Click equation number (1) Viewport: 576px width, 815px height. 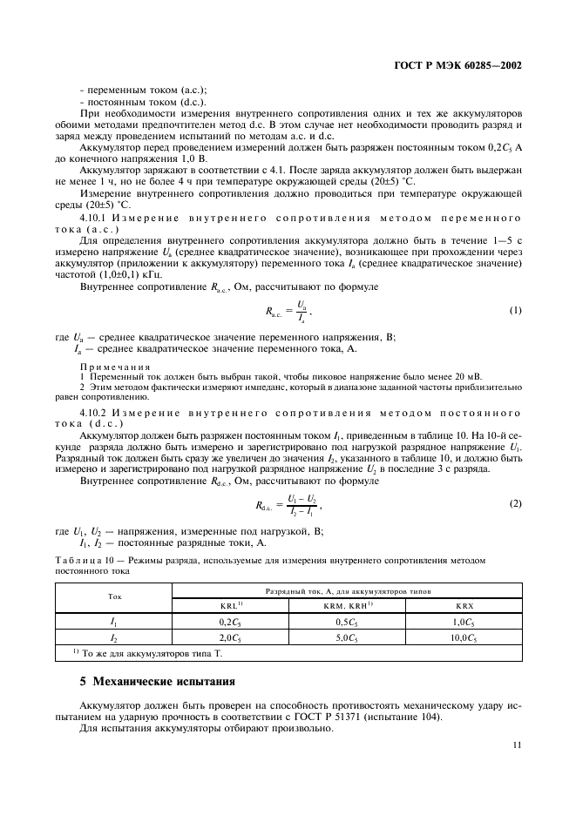(514, 311)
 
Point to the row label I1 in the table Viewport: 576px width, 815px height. (114, 623)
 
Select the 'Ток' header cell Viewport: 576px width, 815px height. (114, 598)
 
